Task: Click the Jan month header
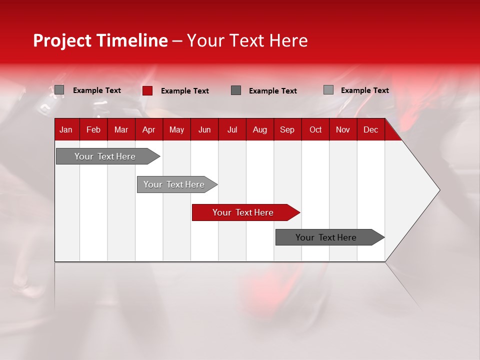coord(66,130)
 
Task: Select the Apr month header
coord(148,130)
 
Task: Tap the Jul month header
coord(232,130)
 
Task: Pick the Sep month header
coord(287,130)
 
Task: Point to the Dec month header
coord(370,130)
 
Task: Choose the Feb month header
coord(93,130)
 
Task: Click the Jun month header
coord(204,130)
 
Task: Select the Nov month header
coord(342,130)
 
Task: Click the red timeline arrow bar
coord(245,212)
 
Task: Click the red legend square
coord(147,90)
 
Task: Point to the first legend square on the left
coord(59,90)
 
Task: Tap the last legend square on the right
coord(328,90)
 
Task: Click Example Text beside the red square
coord(185,91)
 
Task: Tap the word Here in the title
coord(288,40)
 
